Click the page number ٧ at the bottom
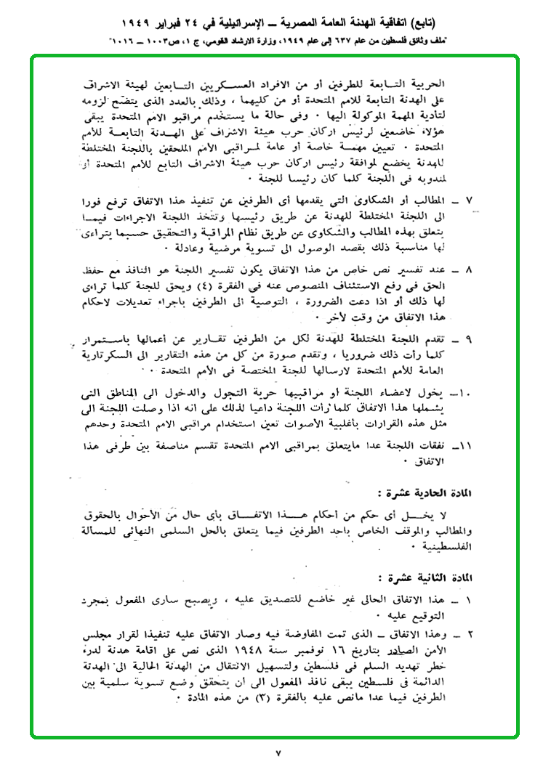277,754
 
